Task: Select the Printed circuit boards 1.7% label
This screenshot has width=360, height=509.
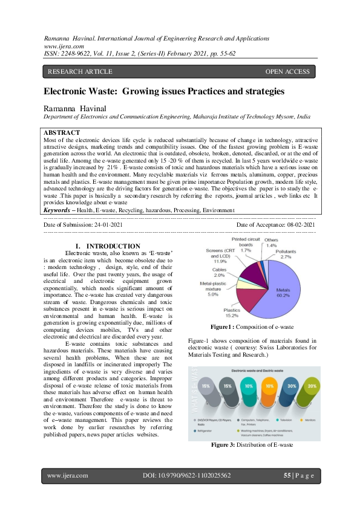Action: point(245,245)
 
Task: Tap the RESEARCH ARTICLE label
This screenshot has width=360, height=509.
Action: point(80,72)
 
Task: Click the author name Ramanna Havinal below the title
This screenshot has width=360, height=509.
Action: point(73,108)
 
